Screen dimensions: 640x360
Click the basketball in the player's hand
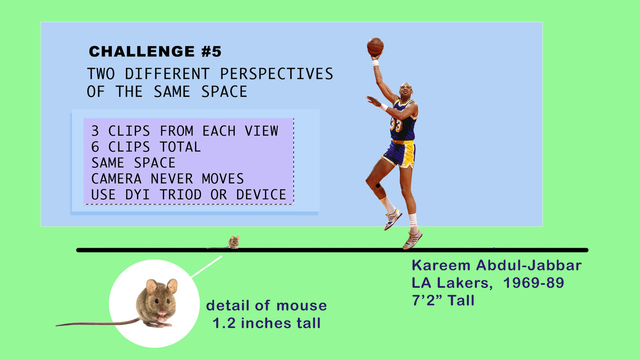(375, 46)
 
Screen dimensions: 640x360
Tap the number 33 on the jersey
(396, 125)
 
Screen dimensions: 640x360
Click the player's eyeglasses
(405, 87)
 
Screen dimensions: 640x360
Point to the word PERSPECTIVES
(276, 74)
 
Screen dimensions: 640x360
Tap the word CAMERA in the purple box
(116, 179)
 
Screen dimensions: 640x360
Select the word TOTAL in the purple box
(180, 147)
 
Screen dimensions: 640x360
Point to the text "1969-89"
(533, 283)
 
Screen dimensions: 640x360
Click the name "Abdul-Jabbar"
(529, 265)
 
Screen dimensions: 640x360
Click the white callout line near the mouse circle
(207, 267)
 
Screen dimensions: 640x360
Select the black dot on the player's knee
(378, 186)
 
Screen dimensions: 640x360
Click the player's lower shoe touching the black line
(413, 239)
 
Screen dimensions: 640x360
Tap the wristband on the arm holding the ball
(375, 63)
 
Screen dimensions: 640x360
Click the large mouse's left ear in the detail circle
(151, 287)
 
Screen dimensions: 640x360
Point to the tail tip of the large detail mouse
(57, 325)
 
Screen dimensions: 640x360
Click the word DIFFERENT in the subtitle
(167, 74)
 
